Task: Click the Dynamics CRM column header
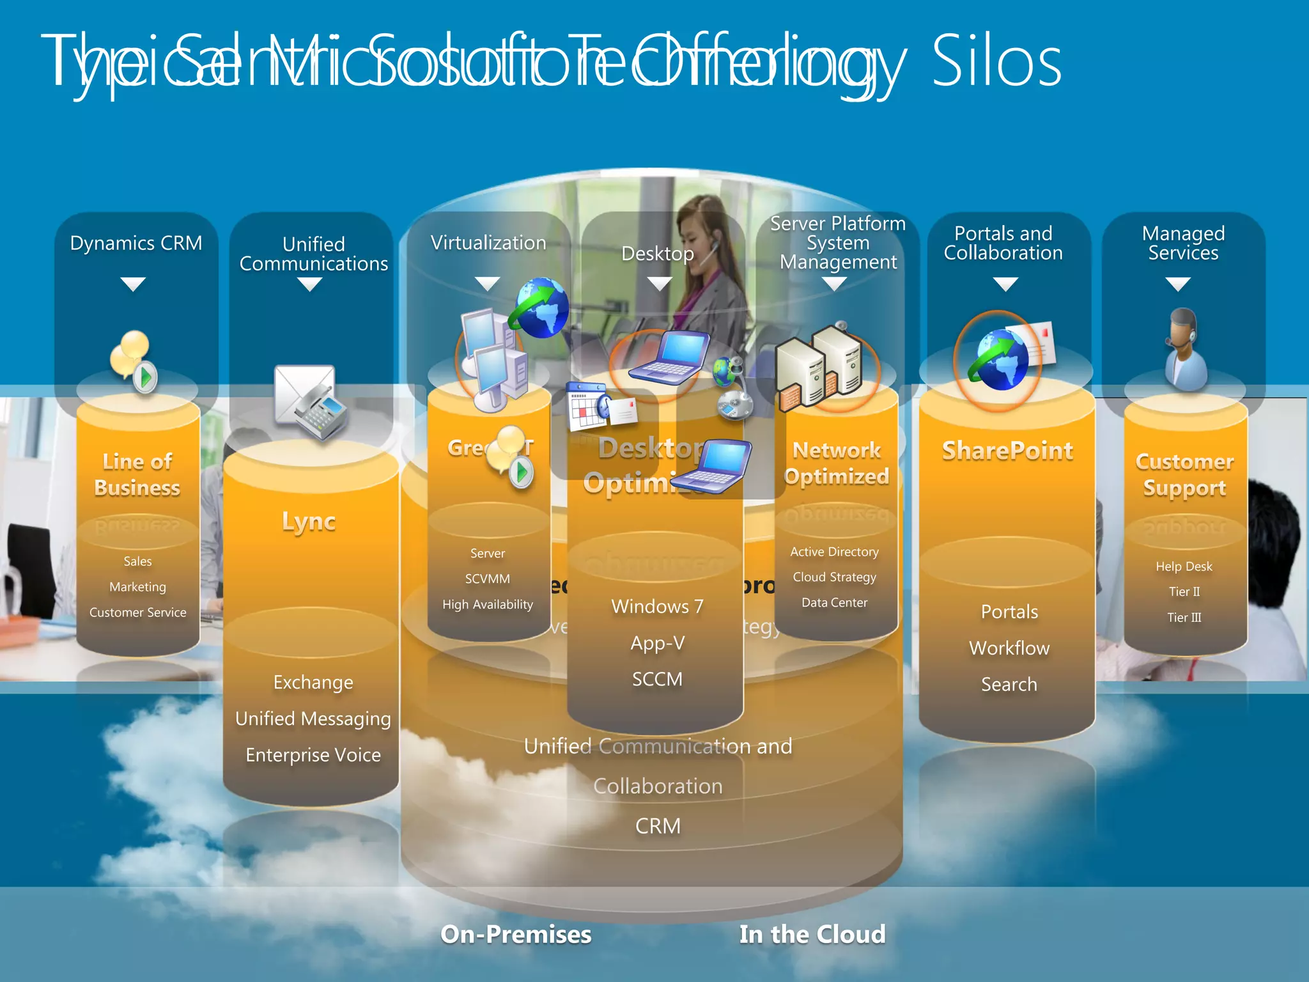coord(136,243)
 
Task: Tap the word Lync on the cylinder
coord(309,521)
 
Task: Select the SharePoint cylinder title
coord(1007,451)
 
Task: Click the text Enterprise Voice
coord(313,755)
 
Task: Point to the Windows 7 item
coord(657,606)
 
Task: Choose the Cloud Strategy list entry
coord(834,577)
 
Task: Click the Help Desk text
coord(1184,566)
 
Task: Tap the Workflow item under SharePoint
coord(1009,648)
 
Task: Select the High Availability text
coord(487,604)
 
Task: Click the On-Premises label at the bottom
coord(516,934)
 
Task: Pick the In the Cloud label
coord(812,934)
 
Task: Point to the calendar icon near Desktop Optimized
coord(586,406)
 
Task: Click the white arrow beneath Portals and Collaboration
coord(1005,284)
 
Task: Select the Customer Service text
coord(137,612)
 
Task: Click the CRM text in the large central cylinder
coord(658,826)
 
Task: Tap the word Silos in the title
coord(996,63)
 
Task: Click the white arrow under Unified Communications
coord(310,285)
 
